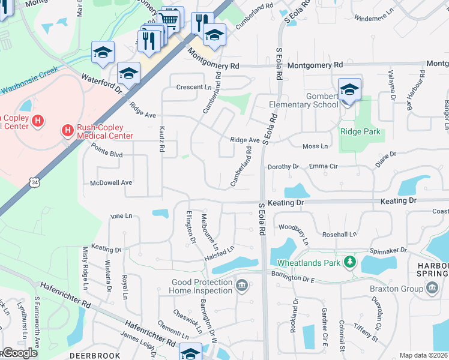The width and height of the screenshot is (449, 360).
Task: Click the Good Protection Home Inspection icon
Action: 241,284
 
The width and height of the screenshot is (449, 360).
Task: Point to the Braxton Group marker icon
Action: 432,289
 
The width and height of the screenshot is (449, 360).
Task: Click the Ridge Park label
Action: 361,132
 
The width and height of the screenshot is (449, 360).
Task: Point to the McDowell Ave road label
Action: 110,182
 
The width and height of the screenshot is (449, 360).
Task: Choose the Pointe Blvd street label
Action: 107,154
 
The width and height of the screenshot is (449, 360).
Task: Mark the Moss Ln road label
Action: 315,146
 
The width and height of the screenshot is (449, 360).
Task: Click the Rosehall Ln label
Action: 340,235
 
